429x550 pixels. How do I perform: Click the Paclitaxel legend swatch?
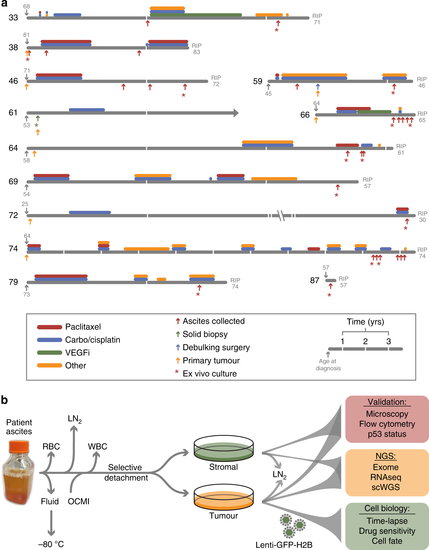pos(49,327)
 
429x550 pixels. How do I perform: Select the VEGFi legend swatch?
pos(49,353)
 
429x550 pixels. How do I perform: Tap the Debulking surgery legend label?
pos(216,347)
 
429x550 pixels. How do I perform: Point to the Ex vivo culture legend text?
pos(210,374)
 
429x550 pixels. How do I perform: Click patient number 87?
pos(315,280)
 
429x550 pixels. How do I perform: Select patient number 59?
pos(258,81)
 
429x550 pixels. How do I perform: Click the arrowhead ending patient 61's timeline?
pos(236,113)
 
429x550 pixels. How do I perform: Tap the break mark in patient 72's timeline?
pos(281,215)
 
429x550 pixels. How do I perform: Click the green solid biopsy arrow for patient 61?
pos(38,118)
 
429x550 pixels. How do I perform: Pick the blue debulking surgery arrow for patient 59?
pos(318,87)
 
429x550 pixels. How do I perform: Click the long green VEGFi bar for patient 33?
pos(196,15)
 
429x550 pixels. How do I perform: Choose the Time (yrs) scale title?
pos(365,322)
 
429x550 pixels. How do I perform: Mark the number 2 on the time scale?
pos(365,341)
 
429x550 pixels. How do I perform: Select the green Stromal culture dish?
pos(224,449)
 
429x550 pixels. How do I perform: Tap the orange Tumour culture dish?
pos(224,498)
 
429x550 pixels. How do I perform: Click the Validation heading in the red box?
pos(387,402)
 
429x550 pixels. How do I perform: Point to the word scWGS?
pos(386,487)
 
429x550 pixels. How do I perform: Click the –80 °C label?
pos(51,544)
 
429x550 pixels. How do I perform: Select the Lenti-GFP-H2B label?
pos(284,545)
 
